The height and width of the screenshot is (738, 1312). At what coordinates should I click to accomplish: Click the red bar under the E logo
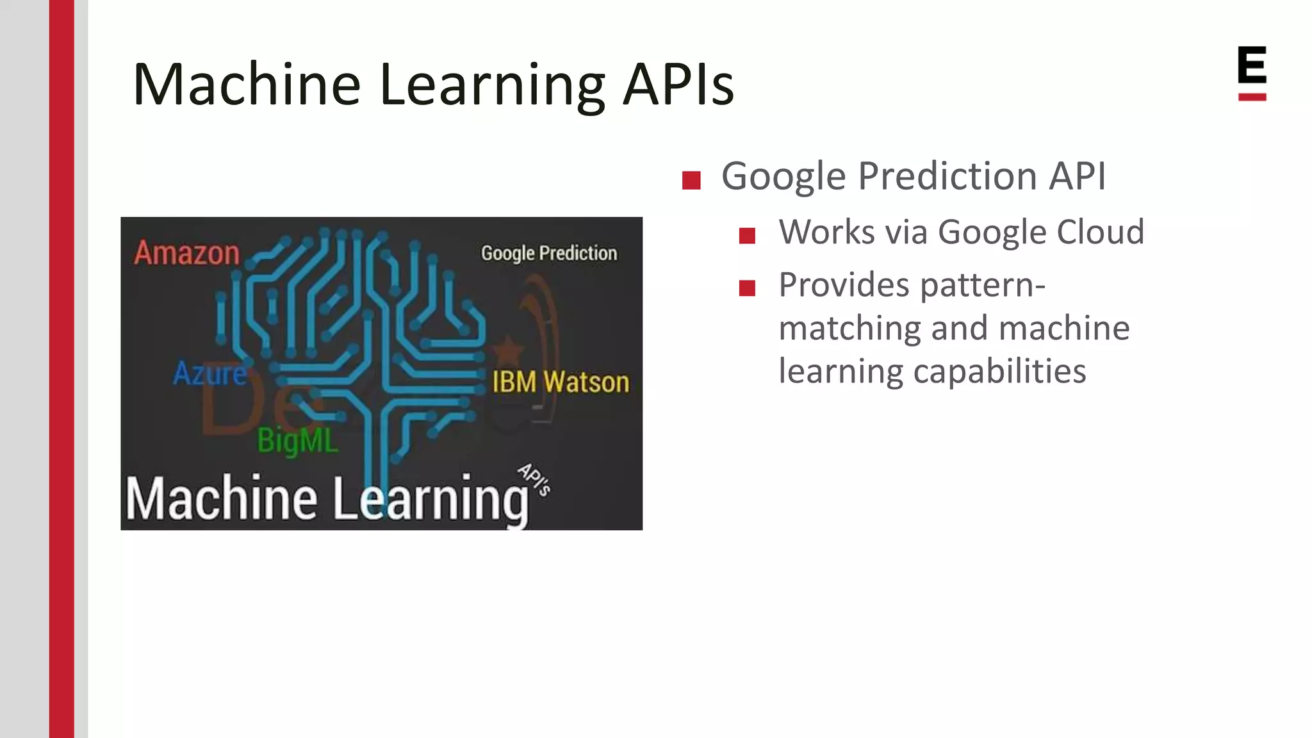(1252, 97)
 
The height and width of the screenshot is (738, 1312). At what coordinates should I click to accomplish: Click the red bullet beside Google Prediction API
(691, 180)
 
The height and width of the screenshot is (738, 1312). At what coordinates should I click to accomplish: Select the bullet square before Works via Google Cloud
(747, 236)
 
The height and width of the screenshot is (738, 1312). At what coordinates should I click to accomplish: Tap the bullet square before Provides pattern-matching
(747, 288)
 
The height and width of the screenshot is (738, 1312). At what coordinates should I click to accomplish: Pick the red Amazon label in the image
(187, 253)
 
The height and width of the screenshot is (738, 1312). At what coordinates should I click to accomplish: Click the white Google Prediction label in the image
(549, 254)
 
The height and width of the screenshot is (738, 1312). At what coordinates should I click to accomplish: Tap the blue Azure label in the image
(209, 373)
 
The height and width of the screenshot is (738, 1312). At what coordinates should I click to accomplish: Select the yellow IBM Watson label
(561, 382)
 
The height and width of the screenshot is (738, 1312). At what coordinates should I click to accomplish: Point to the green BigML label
(297, 441)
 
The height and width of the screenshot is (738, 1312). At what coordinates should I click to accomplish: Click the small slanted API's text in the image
(534, 479)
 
